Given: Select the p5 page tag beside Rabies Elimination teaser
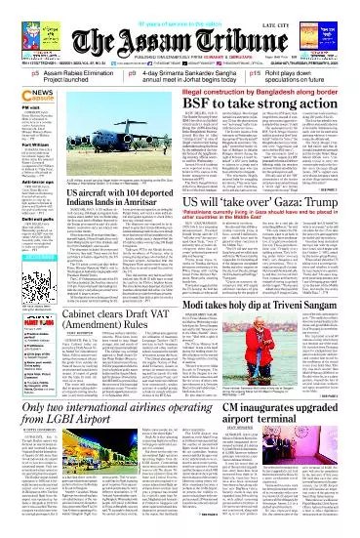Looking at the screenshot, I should [8, 74].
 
